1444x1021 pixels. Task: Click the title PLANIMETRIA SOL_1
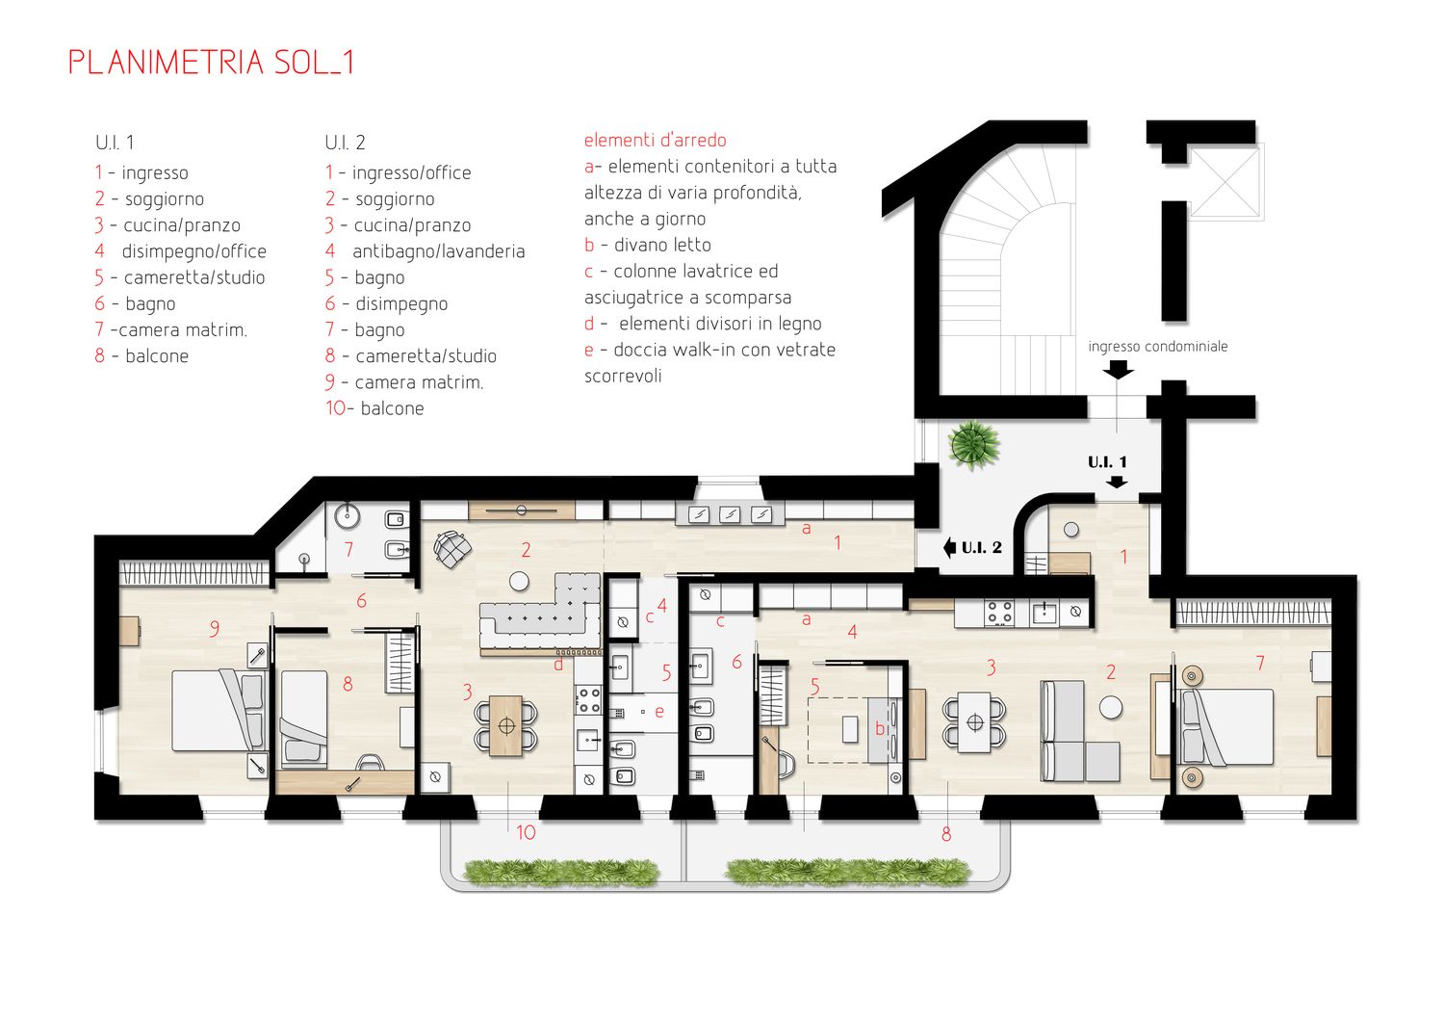click(x=212, y=63)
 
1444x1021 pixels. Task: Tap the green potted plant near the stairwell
click(x=973, y=444)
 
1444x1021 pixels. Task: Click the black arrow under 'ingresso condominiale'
click(x=1117, y=370)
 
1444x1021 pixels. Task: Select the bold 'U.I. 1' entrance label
click(x=1107, y=461)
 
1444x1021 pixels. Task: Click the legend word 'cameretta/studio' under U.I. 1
click(x=194, y=278)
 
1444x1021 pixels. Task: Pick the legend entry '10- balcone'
click(x=374, y=408)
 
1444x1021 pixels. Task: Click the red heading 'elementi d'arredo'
click(x=655, y=140)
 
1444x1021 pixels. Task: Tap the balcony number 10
click(x=526, y=832)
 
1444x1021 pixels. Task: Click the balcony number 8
click(x=945, y=834)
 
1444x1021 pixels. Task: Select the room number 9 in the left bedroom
click(x=214, y=628)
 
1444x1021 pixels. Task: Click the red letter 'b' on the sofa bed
click(x=879, y=728)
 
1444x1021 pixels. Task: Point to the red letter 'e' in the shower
click(x=658, y=712)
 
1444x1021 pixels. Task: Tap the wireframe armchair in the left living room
click(x=451, y=549)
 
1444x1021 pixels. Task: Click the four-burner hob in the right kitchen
click(x=999, y=612)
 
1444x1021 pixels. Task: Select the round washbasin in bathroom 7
click(x=348, y=514)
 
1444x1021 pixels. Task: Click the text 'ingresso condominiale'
click(x=1158, y=347)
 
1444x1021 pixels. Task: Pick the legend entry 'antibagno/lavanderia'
click(x=438, y=251)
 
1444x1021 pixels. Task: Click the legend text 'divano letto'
click(x=662, y=245)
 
